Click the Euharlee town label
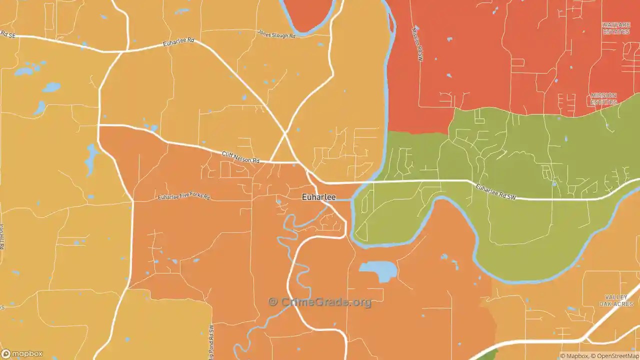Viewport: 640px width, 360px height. click(318, 197)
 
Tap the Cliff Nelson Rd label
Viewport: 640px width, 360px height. click(240, 157)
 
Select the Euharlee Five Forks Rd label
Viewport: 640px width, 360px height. click(183, 196)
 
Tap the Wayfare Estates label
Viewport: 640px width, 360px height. click(616, 28)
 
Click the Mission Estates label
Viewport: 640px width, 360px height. click(603, 98)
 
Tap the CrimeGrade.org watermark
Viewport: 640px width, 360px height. click(320, 302)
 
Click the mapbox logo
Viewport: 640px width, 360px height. click(22, 354)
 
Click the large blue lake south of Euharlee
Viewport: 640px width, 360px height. click(378, 270)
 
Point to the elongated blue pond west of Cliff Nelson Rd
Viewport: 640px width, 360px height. click(90, 158)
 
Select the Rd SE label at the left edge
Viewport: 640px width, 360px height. click(8, 34)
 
